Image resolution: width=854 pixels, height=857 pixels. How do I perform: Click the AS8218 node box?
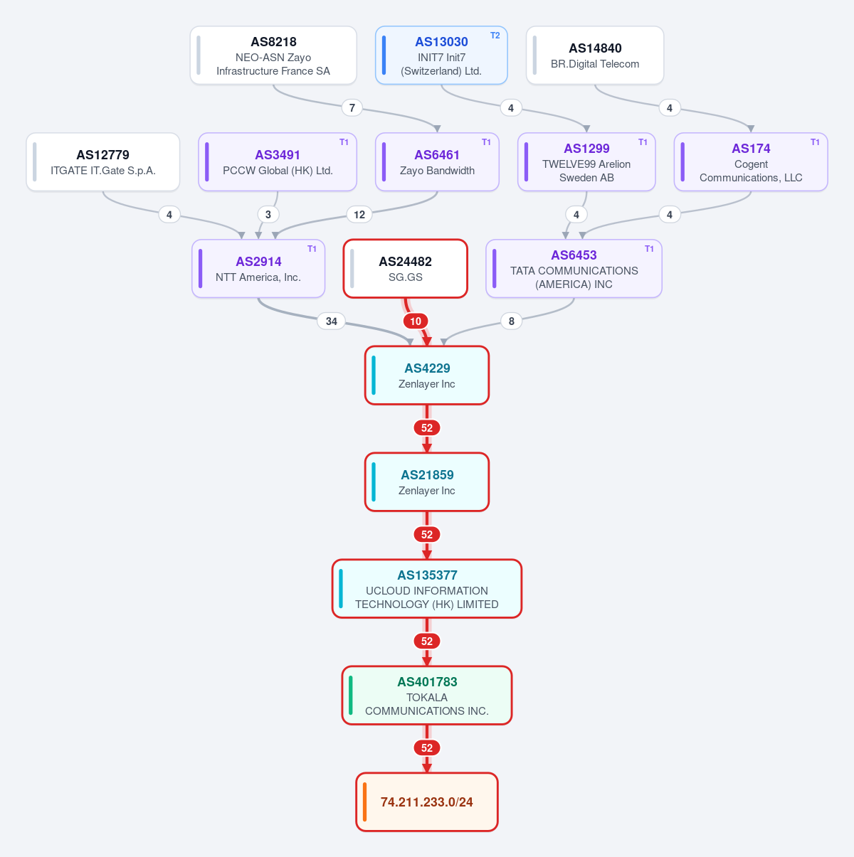(x=273, y=55)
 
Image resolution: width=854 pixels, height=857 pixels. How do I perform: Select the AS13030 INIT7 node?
(x=441, y=55)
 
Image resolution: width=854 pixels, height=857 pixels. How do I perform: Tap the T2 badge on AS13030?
(x=495, y=36)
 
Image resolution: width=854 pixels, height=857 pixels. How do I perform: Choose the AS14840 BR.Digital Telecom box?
(x=595, y=55)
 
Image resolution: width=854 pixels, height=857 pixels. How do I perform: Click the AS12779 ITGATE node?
(x=102, y=162)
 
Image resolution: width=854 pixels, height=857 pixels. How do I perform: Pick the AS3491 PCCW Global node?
(x=278, y=162)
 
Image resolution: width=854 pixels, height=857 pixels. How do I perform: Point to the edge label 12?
(x=359, y=215)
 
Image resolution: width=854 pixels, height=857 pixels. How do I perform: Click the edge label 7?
(x=352, y=108)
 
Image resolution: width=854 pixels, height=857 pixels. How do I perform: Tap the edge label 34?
(x=331, y=321)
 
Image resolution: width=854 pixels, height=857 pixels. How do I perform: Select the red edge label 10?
(x=415, y=321)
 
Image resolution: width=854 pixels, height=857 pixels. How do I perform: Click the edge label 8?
(x=511, y=321)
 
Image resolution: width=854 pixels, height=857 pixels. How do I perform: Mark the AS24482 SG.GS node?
(x=405, y=269)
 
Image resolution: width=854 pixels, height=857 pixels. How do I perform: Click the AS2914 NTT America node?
(x=258, y=269)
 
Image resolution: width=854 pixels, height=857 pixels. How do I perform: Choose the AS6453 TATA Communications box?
(x=574, y=269)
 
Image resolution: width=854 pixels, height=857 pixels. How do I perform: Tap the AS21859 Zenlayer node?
(x=427, y=482)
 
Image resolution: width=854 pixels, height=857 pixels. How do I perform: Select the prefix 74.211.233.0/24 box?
(x=427, y=802)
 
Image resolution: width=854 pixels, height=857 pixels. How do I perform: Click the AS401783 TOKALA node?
(x=427, y=696)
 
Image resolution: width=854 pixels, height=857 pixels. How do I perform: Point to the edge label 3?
(x=268, y=215)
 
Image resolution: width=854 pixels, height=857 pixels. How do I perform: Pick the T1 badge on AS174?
(x=815, y=142)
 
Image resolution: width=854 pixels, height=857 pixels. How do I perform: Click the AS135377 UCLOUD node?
(x=427, y=589)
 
